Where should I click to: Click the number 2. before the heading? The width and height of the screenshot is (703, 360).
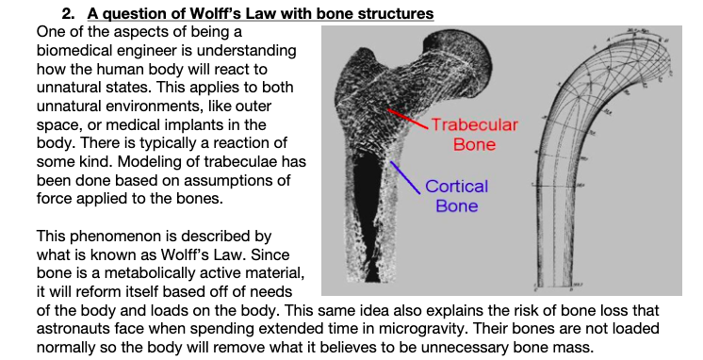point(69,13)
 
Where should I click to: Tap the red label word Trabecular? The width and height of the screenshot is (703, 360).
point(475,125)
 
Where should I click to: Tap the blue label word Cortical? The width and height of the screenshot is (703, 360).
point(456,186)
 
